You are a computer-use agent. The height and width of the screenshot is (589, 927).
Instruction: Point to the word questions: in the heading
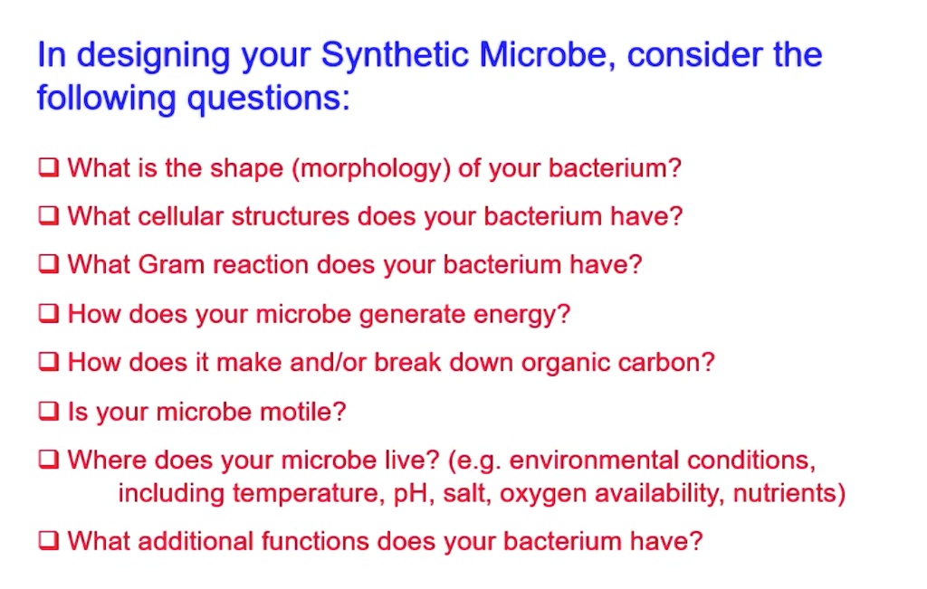(x=268, y=97)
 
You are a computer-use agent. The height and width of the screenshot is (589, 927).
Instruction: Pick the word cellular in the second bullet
(x=182, y=217)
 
